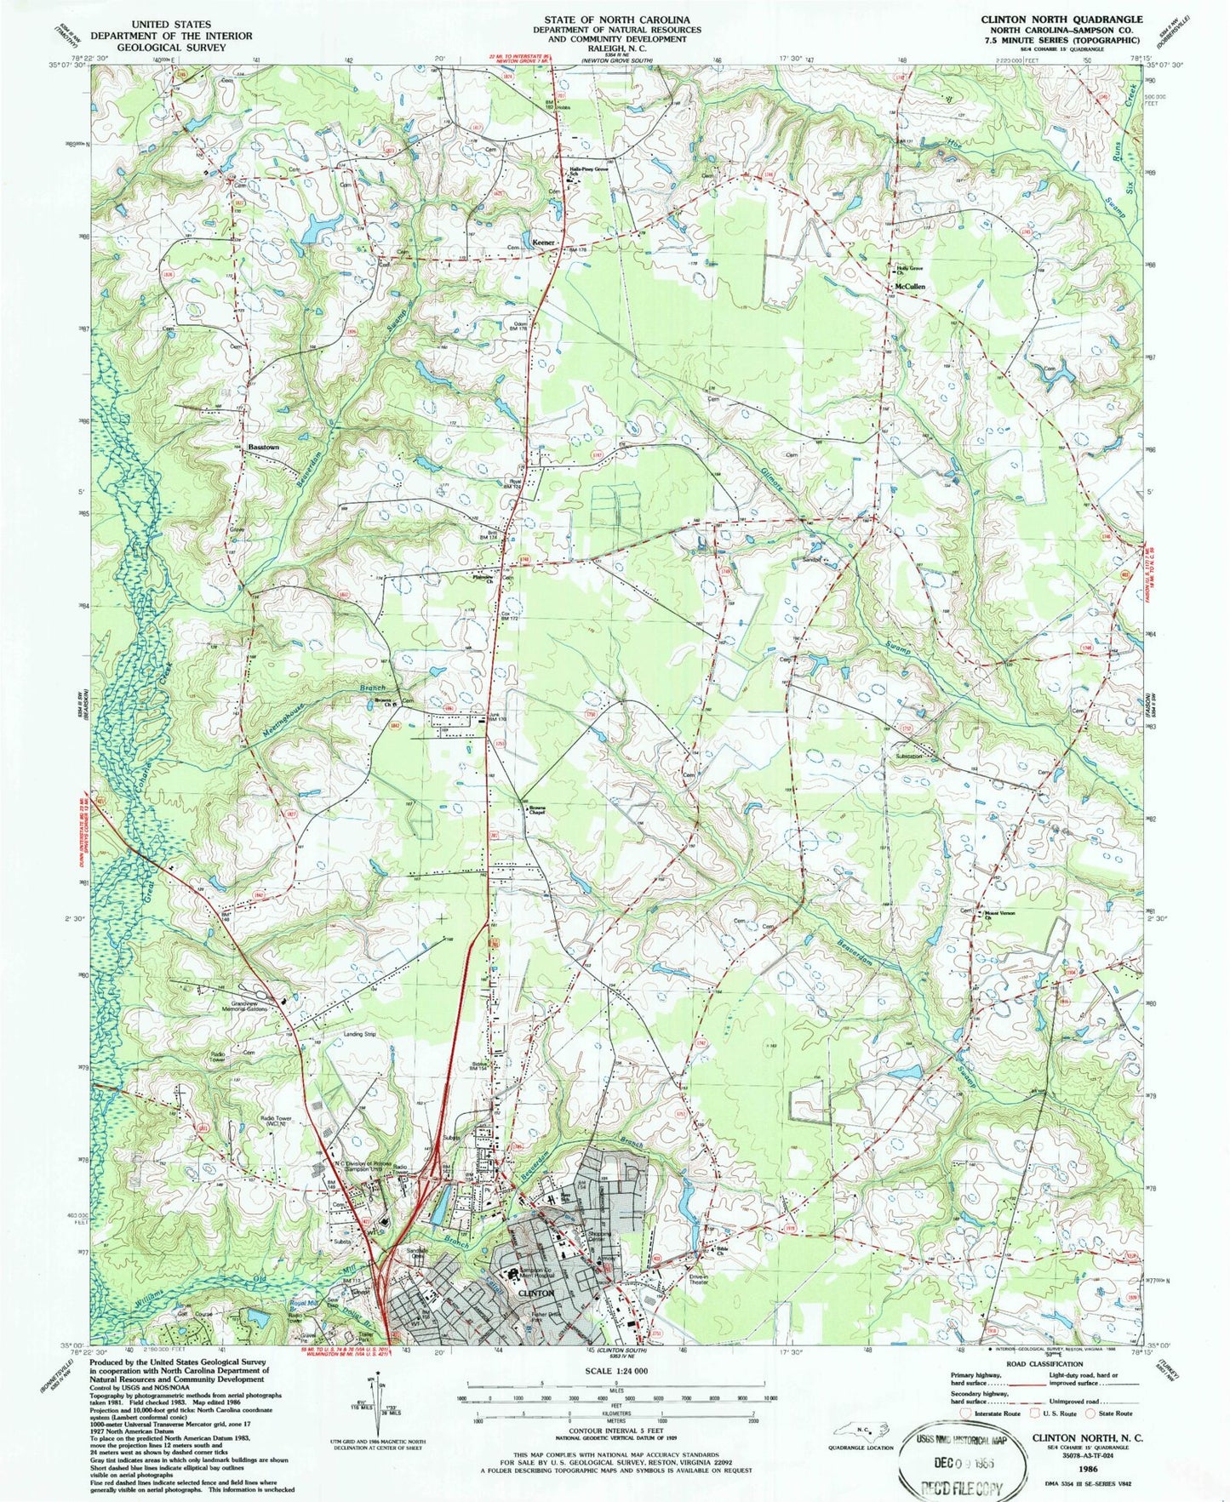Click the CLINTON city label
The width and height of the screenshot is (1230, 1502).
point(536,1292)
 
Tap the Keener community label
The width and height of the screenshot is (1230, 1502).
point(543,243)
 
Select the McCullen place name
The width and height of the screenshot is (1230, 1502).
point(909,287)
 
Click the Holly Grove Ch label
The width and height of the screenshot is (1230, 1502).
point(909,270)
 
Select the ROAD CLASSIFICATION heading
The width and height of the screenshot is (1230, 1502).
point(1044,1364)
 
